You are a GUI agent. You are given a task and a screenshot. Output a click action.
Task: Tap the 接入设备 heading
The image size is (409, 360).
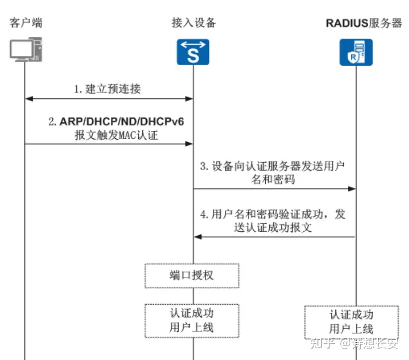(x=194, y=23)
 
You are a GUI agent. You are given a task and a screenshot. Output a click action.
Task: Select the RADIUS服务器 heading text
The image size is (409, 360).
(x=364, y=23)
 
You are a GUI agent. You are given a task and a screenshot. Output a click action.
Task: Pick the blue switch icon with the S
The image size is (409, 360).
(x=193, y=52)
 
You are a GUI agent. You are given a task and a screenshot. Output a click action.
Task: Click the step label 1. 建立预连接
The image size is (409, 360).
(x=107, y=89)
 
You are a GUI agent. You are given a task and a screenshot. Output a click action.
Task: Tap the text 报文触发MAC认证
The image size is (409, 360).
(x=116, y=134)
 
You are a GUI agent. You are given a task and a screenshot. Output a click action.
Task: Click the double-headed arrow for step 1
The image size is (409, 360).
(x=108, y=99)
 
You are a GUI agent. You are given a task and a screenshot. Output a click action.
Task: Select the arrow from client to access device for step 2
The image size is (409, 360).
(x=108, y=144)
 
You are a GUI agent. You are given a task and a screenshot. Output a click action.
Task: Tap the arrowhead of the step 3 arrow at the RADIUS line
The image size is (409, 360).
(x=352, y=189)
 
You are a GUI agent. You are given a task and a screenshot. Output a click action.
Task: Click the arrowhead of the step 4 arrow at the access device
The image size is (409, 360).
(x=198, y=237)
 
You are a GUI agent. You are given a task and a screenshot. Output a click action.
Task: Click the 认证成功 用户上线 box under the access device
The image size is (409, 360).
(x=192, y=320)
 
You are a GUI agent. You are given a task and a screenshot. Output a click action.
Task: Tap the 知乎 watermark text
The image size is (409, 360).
(x=322, y=343)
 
